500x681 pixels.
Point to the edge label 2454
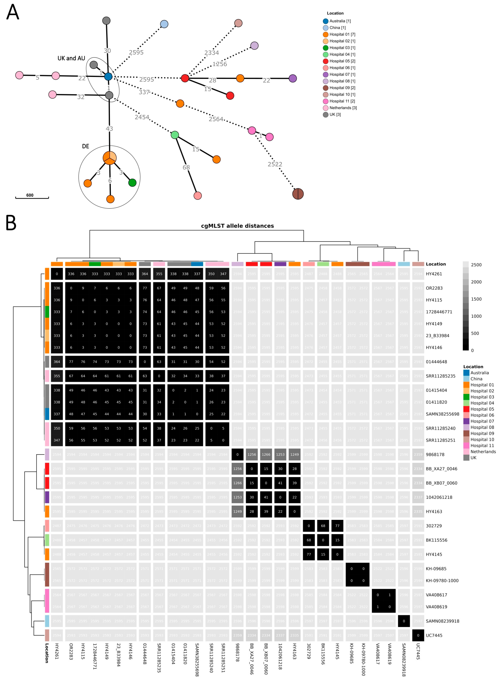click(142, 117)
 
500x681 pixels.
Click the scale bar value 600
click(30, 195)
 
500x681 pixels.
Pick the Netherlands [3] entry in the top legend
click(343, 108)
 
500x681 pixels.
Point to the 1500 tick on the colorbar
click(476, 299)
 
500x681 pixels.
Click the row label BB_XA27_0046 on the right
click(441, 469)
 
